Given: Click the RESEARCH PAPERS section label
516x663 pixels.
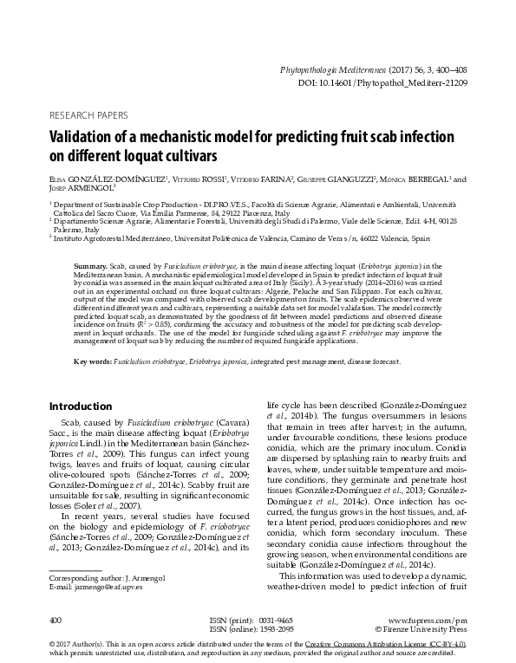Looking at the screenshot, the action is [x=88, y=114].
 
